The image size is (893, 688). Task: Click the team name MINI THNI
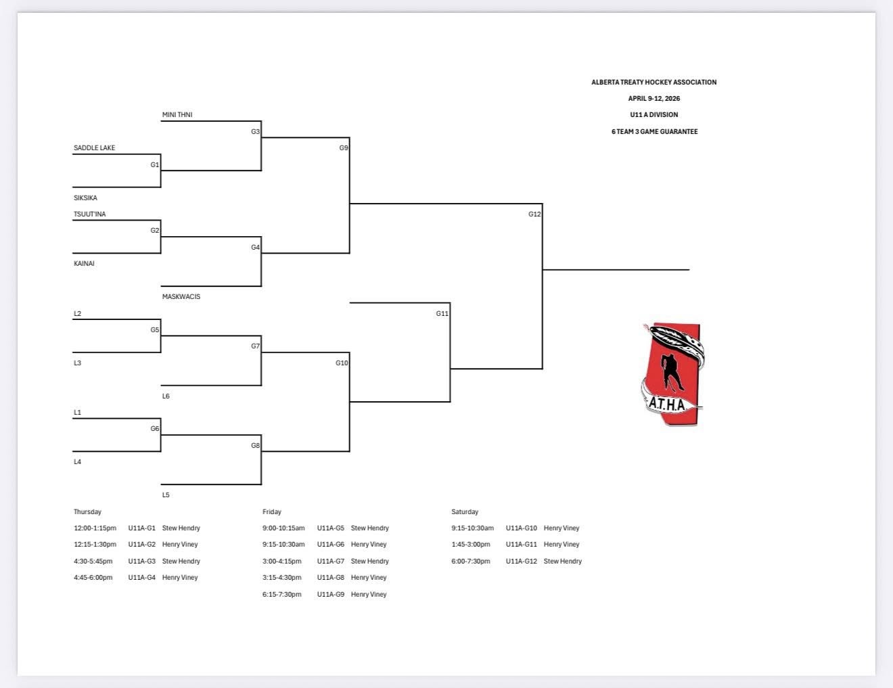coord(177,115)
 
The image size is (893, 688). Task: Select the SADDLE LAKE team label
coord(95,148)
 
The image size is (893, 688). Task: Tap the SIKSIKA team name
coord(85,198)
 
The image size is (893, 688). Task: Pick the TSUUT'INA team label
coord(90,214)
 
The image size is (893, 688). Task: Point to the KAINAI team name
coord(84,264)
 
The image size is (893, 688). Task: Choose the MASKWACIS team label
coord(181,297)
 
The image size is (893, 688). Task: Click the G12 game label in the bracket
coord(534,214)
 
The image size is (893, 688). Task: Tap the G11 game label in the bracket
coord(442,314)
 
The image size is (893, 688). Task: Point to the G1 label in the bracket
coord(155,165)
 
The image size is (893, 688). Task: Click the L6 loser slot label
coord(166,396)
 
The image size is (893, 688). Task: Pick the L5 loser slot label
coord(166,495)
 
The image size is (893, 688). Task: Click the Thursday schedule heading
coord(87,512)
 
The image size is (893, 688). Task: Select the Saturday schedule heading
coord(465,512)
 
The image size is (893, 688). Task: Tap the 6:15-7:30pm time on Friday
coord(282,595)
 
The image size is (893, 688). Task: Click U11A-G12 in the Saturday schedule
coord(522,561)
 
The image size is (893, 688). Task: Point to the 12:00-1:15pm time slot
coord(95,528)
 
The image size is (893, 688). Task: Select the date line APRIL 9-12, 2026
coord(654,99)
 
